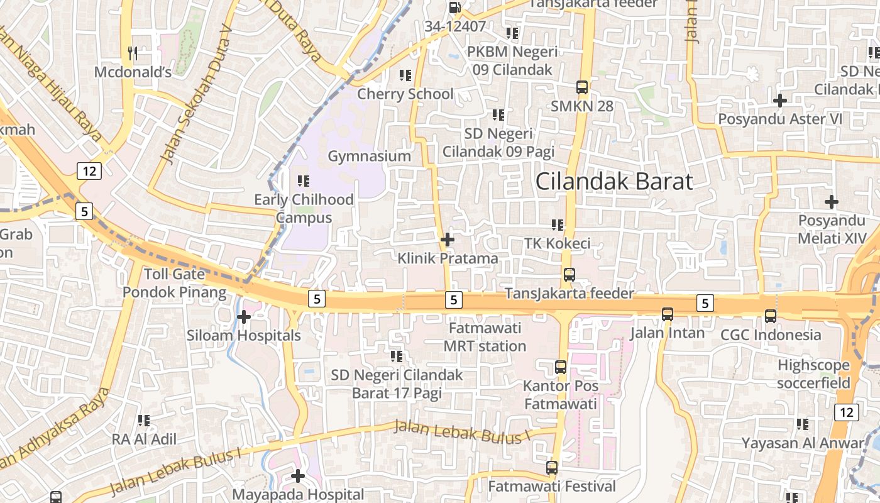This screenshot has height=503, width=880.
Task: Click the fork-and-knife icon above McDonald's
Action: pos(132,53)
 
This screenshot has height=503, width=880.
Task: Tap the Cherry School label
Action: pos(405,94)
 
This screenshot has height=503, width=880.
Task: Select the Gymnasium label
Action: pos(370,156)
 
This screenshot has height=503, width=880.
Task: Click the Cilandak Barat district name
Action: pos(614,181)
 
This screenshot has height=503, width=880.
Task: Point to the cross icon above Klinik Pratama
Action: pos(448,240)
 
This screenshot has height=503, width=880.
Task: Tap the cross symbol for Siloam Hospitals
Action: pos(244,316)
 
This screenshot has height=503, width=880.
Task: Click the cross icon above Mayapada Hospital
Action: pos(298,475)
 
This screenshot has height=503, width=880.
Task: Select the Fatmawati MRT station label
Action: pos(485,337)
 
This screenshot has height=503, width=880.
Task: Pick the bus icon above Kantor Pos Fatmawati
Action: pos(561,367)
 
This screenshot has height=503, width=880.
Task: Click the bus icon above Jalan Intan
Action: pos(668,314)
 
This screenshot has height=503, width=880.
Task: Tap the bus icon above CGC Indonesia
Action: pos(771,316)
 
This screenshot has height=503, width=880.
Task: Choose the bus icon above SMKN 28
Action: pos(582,87)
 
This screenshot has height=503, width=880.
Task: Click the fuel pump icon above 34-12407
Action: pos(454,8)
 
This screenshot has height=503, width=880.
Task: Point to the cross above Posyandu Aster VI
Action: pos(780,100)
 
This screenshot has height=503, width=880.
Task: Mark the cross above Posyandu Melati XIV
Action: pos(832,202)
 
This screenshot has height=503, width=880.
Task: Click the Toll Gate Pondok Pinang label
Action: pos(174,283)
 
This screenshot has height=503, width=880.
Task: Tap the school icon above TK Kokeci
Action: pos(558,224)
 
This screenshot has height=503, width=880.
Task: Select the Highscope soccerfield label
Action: pos(813,374)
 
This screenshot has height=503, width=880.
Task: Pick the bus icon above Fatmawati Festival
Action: pos(552,468)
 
